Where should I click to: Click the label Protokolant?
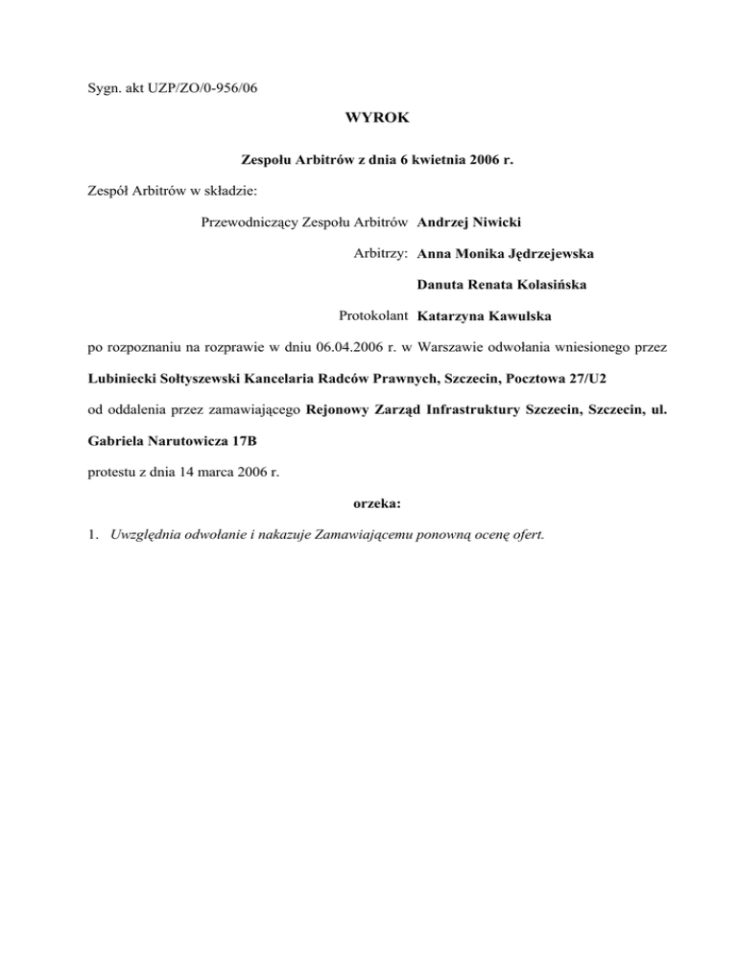(x=374, y=314)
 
